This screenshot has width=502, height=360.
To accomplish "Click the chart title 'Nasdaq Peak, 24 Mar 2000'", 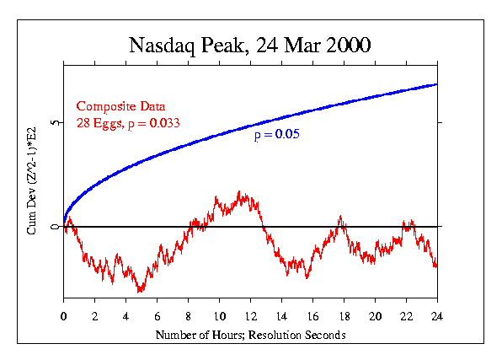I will point(250,45).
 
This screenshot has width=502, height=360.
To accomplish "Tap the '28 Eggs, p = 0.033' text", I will point(128,124).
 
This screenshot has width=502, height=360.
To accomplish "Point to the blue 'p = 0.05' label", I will point(277,134).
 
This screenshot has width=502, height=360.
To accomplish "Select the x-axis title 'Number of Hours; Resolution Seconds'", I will point(250,335).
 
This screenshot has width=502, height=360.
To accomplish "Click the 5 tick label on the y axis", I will point(53,123).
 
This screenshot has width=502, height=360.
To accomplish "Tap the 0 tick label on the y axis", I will point(53,227).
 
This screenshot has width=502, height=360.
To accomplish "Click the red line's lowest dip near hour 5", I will point(140,292).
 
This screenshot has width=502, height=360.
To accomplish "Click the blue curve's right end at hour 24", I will point(436,84).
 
